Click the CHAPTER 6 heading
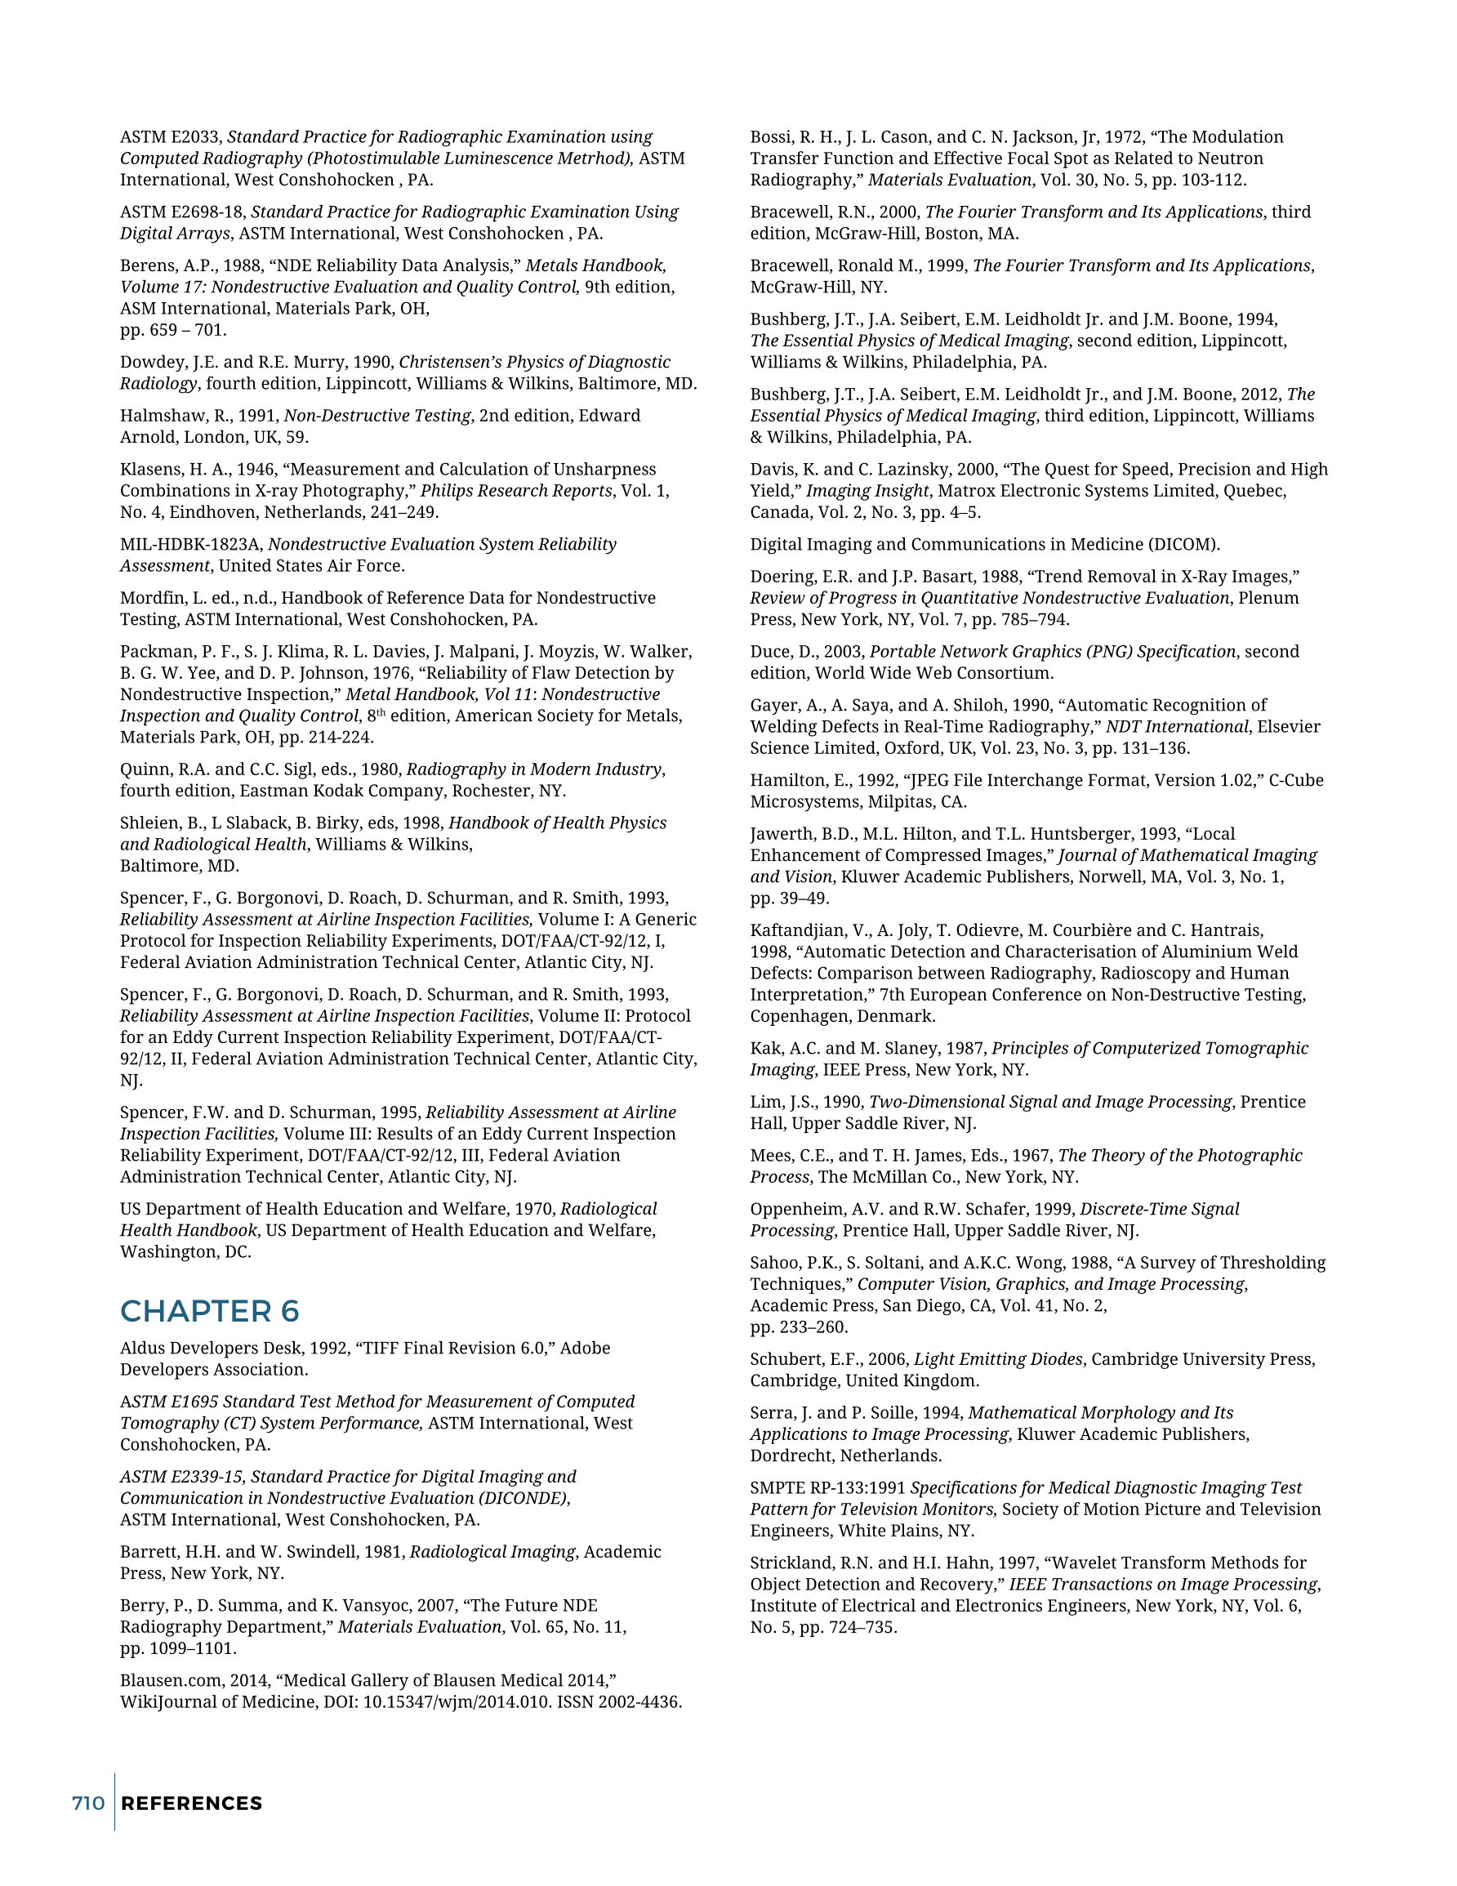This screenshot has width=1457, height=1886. [209, 1311]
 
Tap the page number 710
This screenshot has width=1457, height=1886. [88, 1804]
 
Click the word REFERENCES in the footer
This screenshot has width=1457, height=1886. [192, 1804]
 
